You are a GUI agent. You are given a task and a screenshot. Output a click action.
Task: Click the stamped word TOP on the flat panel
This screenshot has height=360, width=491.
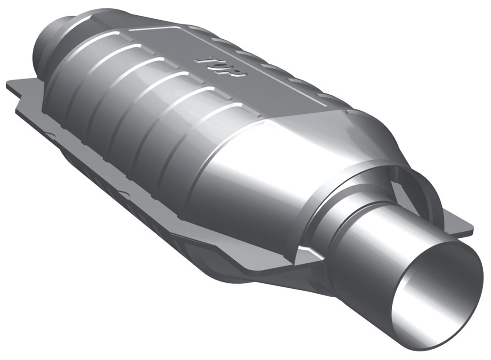click(220, 66)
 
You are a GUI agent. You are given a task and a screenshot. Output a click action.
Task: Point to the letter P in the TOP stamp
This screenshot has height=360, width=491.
click(237, 72)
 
